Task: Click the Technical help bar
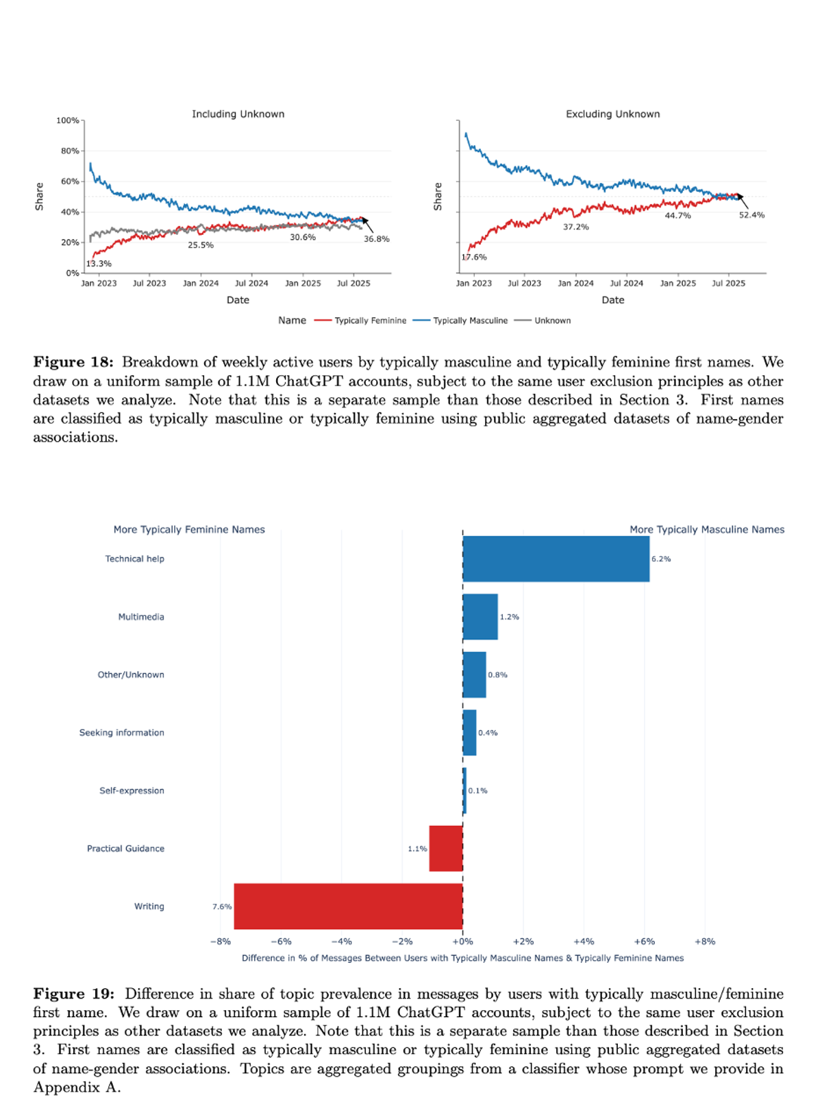pos(556,559)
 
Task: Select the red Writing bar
pos(348,906)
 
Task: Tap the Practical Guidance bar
pos(446,849)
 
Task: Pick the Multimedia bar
pos(480,616)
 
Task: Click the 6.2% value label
pos(661,559)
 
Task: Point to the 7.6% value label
pos(222,907)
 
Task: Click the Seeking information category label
pos(122,733)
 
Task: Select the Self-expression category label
pos(132,790)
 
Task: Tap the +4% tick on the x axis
pos(584,942)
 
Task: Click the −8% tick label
pos(221,942)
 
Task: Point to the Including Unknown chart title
pos(238,114)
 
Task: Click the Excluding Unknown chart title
pos(612,114)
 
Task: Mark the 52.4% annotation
pos(751,215)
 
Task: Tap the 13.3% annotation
pos(99,264)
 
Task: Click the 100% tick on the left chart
pos(68,121)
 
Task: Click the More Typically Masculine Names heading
pos(707,529)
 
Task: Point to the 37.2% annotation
pos(575,227)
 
